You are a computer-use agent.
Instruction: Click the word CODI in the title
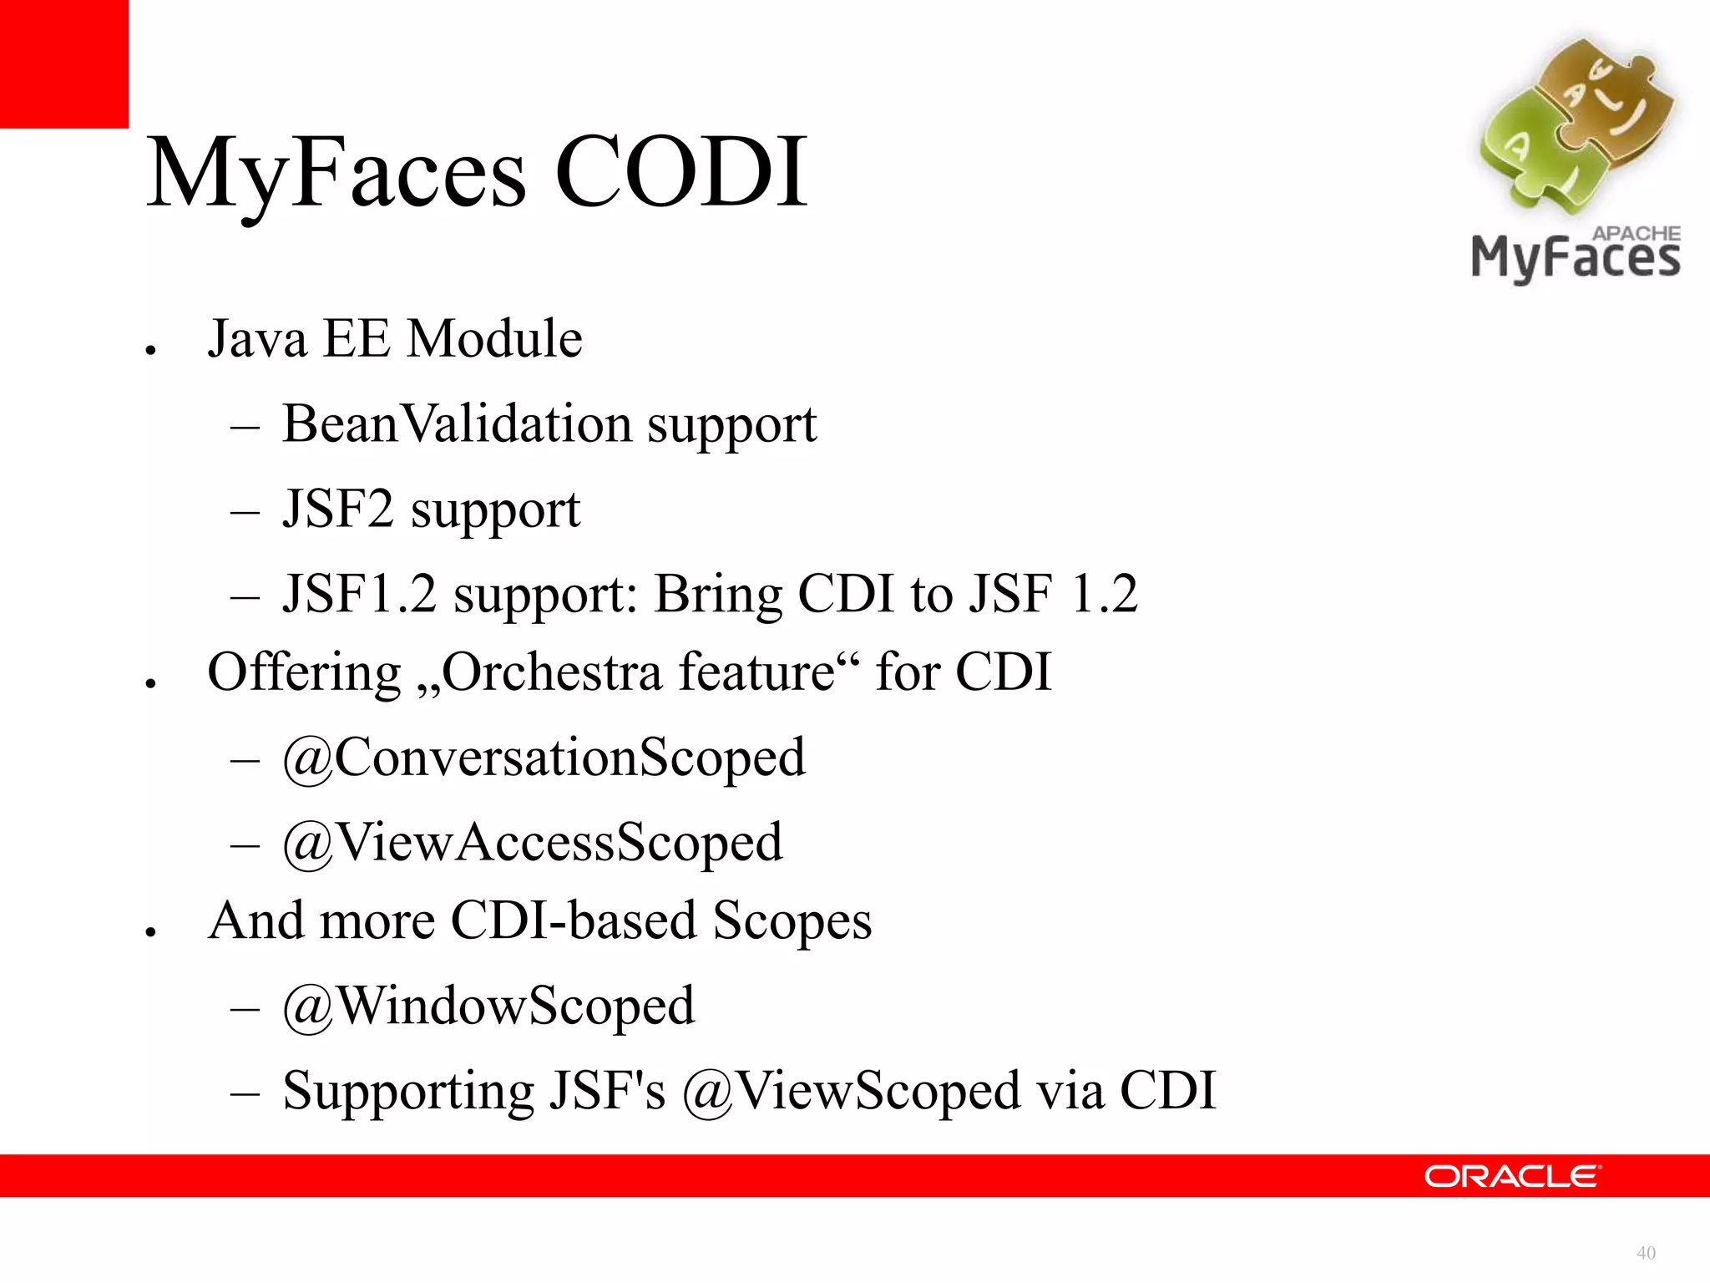pos(680,173)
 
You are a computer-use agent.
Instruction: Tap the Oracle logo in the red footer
pos(1512,1176)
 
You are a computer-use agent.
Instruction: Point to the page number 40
pos(1646,1253)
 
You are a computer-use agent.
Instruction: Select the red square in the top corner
pos(63,63)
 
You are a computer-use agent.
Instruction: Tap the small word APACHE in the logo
pos(1636,233)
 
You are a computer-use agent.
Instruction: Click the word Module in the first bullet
pos(495,339)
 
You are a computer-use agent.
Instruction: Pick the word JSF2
pos(337,509)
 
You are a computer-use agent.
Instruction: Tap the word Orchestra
pos(552,672)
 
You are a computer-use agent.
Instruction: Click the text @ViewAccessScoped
pos(533,842)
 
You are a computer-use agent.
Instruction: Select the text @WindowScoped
pos(488,1006)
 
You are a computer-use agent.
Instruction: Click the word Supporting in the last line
pos(407,1091)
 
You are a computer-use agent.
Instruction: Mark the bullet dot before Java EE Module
pos(150,351)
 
